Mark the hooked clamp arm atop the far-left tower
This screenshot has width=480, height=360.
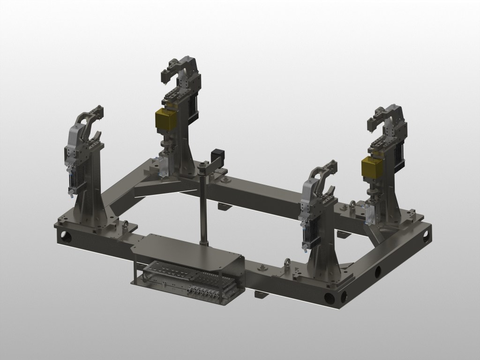tap(91, 117)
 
